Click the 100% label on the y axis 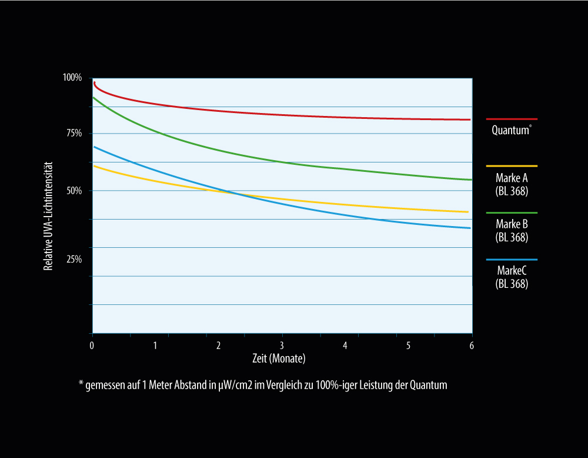point(72,78)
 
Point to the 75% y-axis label point(74,134)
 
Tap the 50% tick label point(74,191)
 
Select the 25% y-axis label point(74,260)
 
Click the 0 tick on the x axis point(92,345)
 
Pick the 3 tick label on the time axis point(282,345)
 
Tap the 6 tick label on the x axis point(472,345)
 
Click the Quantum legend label point(510,131)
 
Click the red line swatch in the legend point(512,119)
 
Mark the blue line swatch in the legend point(512,260)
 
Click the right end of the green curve point(471,180)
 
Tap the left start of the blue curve point(94,147)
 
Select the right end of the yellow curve point(467,212)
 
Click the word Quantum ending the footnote point(430,386)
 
